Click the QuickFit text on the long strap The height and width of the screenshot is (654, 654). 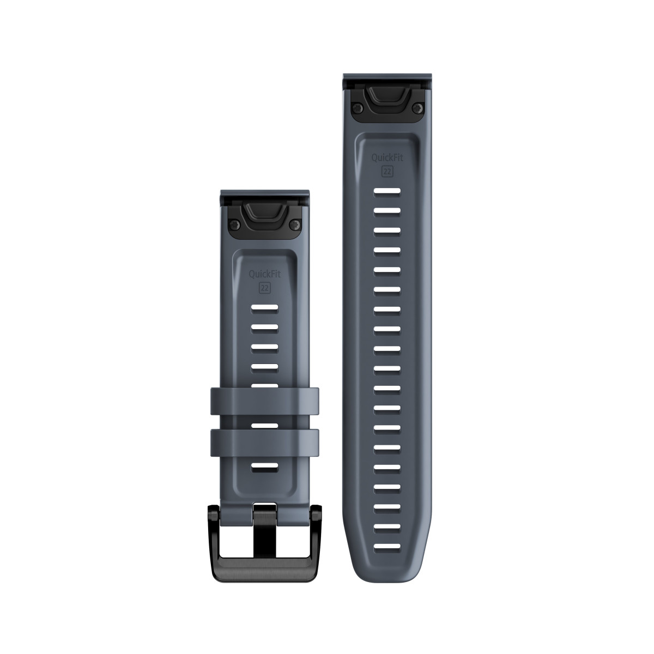tap(387, 158)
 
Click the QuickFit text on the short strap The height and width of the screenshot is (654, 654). tap(265, 274)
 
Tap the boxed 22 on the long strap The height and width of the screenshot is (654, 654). tap(387, 171)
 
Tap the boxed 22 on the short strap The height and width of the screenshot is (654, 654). tap(265, 288)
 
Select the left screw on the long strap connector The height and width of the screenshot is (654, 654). tap(356, 108)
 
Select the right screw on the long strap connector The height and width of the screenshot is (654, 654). tap(419, 108)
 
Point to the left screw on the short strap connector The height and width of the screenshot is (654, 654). tap(233, 224)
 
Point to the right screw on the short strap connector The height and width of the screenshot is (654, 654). tap(296, 224)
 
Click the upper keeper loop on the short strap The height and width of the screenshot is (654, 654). tap(264, 401)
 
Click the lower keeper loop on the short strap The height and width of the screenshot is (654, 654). tap(264, 443)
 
